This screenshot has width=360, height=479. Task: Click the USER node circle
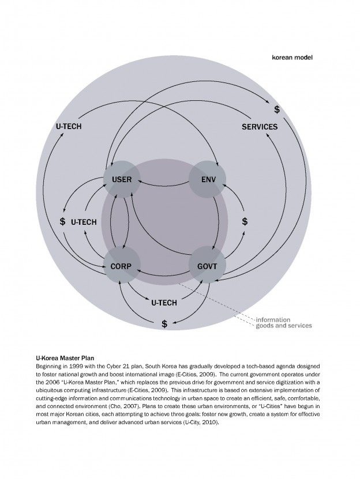click(x=122, y=179)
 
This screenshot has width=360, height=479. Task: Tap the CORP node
click(x=122, y=266)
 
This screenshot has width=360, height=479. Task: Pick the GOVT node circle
click(x=207, y=266)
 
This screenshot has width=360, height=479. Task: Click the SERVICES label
click(x=259, y=127)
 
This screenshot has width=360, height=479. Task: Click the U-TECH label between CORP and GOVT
click(x=164, y=302)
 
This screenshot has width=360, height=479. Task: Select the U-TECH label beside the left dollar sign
click(x=84, y=221)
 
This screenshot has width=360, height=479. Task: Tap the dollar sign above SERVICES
click(x=277, y=109)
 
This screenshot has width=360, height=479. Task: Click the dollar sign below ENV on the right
click(x=245, y=221)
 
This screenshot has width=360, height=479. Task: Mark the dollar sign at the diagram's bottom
click(x=164, y=324)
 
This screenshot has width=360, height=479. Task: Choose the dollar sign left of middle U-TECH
click(x=62, y=221)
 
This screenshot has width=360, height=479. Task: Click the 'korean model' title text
click(x=292, y=58)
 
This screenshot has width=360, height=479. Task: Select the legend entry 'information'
click(x=273, y=319)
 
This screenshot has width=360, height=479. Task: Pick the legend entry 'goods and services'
click(x=283, y=326)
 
